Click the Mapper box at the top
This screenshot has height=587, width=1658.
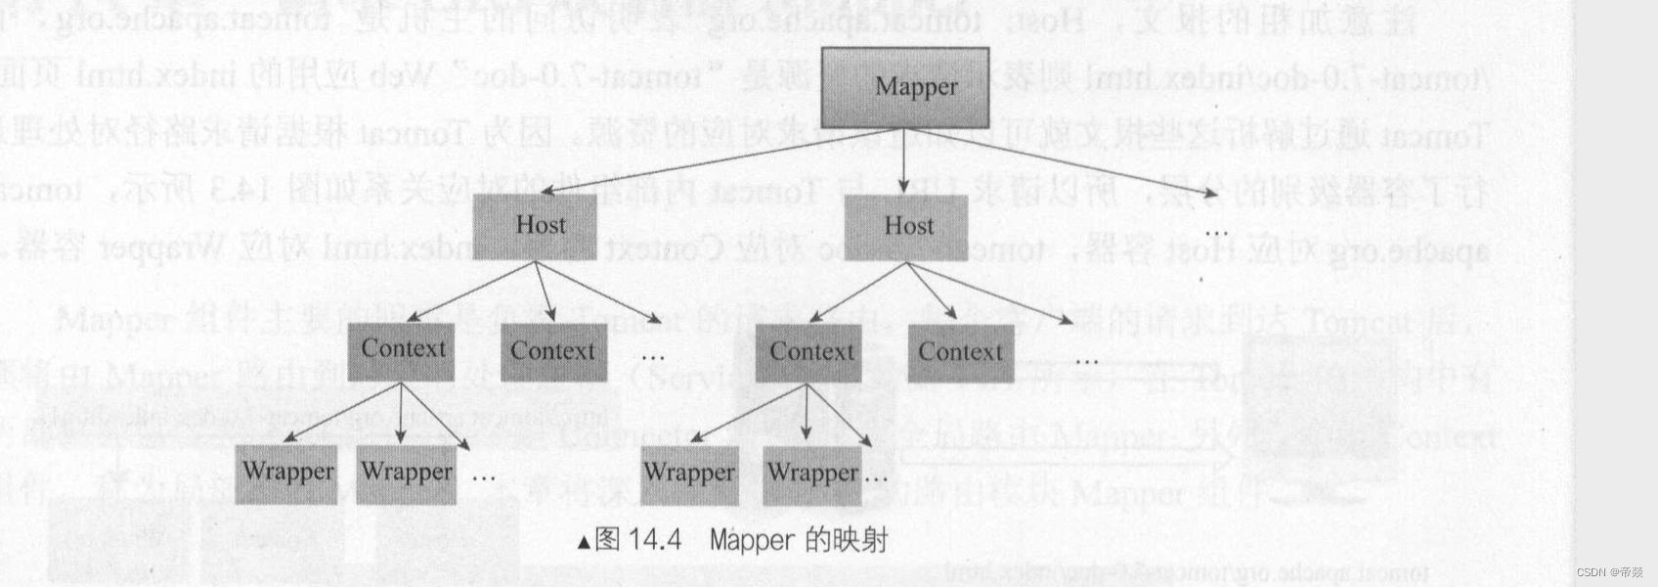point(904,87)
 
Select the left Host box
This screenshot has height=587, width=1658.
point(534,226)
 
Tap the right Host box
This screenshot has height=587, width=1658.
point(905,227)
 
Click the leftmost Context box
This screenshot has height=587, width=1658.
point(402,350)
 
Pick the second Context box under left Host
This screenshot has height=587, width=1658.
point(553,351)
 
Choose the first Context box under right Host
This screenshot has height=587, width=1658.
point(808,352)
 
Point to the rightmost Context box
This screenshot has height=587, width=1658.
point(960,352)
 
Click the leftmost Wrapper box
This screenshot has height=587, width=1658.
point(286,474)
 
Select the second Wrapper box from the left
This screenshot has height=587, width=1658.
point(406,474)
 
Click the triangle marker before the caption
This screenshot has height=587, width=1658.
point(584,541)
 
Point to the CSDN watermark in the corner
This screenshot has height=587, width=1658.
point(1609,572)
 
